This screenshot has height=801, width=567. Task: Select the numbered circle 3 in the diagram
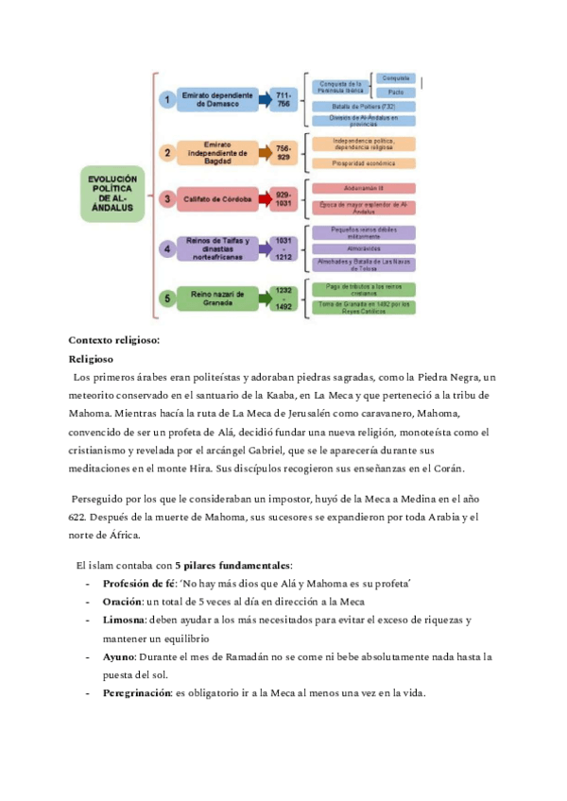point(166,199)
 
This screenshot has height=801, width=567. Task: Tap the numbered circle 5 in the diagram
point(166,298)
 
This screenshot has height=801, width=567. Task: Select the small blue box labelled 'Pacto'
point(397,93)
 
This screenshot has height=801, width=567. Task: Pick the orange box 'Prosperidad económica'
point(364,162)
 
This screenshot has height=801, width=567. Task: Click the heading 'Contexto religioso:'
point(113,339)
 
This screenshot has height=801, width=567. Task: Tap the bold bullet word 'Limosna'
point(123,620)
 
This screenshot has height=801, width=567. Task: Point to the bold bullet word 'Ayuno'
point(118,656)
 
